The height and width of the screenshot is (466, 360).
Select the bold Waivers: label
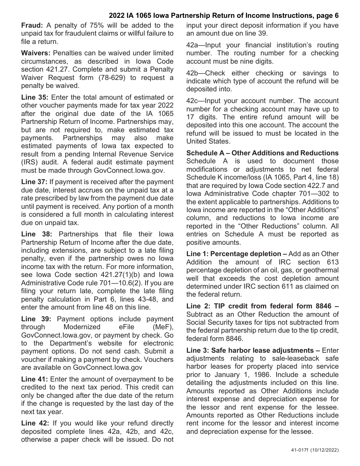35,53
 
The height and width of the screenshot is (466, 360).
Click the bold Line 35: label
34,97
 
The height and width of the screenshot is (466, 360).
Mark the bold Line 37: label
34,182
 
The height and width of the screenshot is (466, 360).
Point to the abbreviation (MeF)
162,327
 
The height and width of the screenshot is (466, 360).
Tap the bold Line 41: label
34,379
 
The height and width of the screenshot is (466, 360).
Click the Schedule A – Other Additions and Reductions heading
262,153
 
